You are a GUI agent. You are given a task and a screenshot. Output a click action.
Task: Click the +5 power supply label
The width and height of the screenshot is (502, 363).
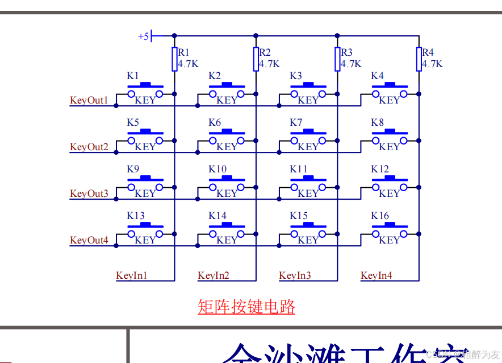[x=143, y=36]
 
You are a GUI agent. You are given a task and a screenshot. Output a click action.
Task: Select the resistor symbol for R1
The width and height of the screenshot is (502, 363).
[x=174, y=59]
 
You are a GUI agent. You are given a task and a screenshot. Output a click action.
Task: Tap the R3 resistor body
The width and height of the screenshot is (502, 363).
[x=337, y=59]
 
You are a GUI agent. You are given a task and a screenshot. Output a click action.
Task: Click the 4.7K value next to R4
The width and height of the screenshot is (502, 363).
[x=432, y=64]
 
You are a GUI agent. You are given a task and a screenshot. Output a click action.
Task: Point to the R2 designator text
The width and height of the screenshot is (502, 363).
[x=265, y=53]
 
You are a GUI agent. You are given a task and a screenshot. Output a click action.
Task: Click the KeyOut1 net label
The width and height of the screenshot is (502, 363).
[x=89, y=101]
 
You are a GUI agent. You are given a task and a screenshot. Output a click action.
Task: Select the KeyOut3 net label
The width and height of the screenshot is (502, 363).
[x=89, y=194]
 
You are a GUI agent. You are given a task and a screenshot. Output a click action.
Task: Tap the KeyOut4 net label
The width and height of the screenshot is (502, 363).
[x=89, y=241]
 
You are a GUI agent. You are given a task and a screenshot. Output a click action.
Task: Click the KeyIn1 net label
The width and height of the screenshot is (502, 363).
[x=132, y=276]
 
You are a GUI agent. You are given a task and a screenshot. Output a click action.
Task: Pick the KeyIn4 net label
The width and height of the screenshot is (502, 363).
[x=376, y=276]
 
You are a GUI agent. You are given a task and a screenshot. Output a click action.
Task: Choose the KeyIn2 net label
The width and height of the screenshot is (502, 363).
[x=214, y=276]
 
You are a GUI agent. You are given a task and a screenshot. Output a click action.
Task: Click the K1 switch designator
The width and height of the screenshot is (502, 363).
[x=132, y=76]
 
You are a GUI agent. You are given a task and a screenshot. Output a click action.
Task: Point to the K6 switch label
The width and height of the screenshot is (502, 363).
[x=214, y=123]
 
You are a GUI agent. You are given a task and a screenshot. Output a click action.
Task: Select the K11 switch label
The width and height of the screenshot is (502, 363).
[x=298, y=170]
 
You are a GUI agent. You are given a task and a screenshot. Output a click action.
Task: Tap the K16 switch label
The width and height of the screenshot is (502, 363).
[x=380, y=216]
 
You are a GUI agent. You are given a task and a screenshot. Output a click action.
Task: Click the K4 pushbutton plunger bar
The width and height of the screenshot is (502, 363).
[x=390, y=85]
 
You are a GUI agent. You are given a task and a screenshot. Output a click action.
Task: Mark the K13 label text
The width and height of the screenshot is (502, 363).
[x=135, y=216]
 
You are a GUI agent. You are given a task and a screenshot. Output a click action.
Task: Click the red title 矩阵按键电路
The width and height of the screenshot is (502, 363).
[x=246, y=307]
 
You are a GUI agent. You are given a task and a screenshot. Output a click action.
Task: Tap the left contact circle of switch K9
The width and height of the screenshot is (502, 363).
[x=131, y=187]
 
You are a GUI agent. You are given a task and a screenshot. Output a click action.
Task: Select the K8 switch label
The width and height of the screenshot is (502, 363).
[x=377, y=123]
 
